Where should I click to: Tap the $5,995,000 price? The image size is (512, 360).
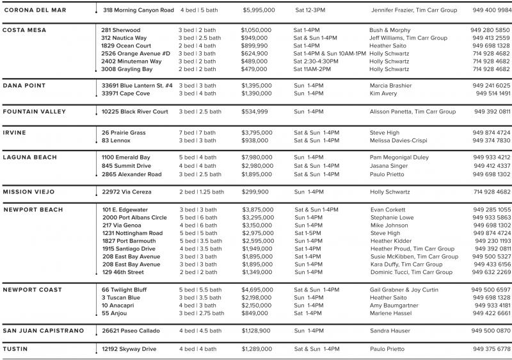click(259, 11)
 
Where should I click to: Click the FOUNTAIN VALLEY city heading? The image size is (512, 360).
click(35, 111)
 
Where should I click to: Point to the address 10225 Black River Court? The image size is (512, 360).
click(134, 111)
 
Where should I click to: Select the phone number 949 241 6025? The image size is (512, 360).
click(492, 86)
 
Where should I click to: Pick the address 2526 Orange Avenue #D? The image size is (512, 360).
click(136, 54)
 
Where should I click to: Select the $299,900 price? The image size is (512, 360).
click(255, 192)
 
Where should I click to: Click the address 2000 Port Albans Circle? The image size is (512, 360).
click(134, 218)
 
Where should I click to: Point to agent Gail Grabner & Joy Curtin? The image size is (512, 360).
click(404, 290)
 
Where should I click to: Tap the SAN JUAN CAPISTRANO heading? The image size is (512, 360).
click(44, 331)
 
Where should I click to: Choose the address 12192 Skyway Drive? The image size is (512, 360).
click(129, 349)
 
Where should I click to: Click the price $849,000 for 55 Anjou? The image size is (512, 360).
click(255, 314)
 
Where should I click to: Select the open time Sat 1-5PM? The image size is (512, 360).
click(308, 234)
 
